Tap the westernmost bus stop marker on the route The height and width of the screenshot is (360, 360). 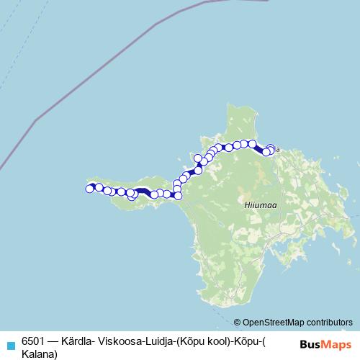(x=90, y=189)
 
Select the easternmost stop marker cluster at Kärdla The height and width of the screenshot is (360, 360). (x=270, y=150)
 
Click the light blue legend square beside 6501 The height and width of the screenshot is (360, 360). (x=9, y=345)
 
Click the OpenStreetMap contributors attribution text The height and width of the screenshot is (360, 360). (x=297, y=322)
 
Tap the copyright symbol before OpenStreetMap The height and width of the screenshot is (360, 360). (x=238, y=322)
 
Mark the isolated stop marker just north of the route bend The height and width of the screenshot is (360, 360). (x=199, y=158)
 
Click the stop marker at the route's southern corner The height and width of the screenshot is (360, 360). (x=179, y=195)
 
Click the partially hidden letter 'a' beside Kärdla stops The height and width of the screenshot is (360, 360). (x=277, y=150)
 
